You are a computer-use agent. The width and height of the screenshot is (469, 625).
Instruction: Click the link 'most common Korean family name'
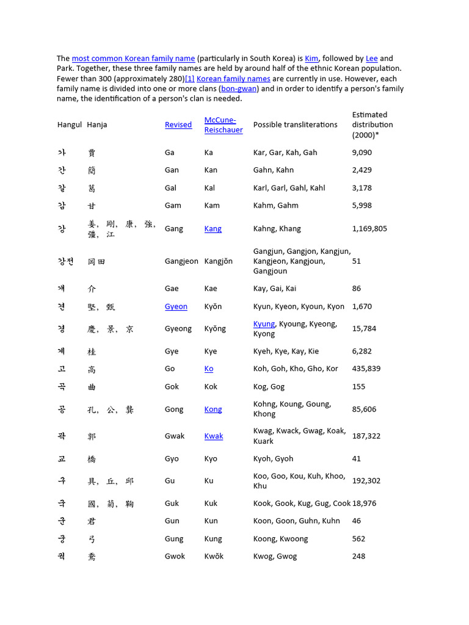click(133, 59)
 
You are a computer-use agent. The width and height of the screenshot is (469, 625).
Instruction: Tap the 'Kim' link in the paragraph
click(311, 59)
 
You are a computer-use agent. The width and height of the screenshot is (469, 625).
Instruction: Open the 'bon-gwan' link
click(240, 89)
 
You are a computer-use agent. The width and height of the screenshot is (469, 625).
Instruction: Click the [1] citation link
click(190, 79)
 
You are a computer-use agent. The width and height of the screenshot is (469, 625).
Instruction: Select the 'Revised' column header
click(178, 125)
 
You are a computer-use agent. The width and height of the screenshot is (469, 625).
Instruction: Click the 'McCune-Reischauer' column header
click(223, 125)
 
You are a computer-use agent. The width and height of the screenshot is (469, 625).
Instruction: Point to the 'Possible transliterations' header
click(295, 125)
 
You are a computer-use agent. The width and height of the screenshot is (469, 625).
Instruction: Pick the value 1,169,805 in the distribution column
click(369, 229)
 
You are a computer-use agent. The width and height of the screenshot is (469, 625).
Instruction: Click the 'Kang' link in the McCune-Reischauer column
click(213, 229)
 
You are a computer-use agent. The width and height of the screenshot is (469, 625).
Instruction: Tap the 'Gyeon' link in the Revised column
click(176, 306)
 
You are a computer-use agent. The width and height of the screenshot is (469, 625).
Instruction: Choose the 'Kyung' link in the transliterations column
click(264, 324)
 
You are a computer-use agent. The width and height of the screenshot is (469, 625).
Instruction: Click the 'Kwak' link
click(214, 436)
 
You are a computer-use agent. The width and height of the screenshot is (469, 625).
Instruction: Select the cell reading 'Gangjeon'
click(181, 261)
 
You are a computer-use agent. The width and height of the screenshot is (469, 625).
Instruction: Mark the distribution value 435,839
click(366, 369)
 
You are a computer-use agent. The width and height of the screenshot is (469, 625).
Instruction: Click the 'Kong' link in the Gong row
click(213, 410)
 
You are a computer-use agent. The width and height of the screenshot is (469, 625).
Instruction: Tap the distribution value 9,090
click(362, 153)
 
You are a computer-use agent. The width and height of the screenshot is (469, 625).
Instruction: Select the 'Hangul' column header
click(70, 125)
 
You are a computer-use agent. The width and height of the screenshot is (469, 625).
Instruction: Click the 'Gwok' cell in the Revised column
click(175, 556)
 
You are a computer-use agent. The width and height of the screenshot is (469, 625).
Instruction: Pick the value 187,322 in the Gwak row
click(366, 436)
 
